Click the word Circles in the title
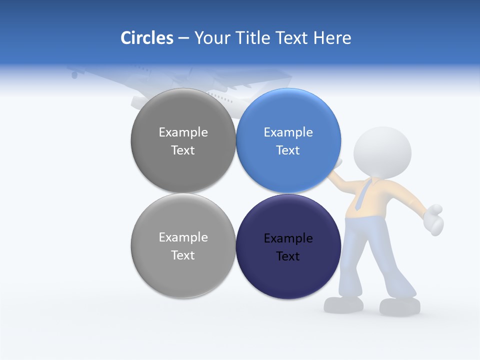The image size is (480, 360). [147, 38]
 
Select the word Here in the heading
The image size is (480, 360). [332, 38]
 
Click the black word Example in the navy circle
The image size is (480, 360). [288, 238]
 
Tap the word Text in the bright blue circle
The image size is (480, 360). [288, 150]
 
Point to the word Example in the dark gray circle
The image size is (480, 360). [183, 132]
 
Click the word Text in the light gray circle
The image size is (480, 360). [183, 255]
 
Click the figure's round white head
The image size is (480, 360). [382, 150]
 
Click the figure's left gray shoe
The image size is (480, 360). [343, 304]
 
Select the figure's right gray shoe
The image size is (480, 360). [399, 306]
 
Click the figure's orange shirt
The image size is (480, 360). [390, 197]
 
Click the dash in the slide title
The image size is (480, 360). [183, 38]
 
